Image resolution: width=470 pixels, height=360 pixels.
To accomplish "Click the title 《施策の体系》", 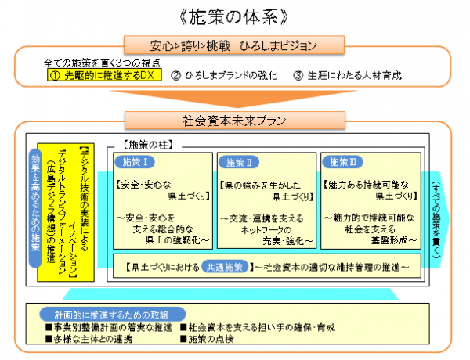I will pyautogui.click(x=235, y=16).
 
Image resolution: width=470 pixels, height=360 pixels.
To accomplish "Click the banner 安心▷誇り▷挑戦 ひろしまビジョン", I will pyautogui.click(x=234, y=45).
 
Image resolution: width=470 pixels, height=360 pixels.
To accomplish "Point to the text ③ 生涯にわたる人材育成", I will pyautogui.click(x=348, y=76).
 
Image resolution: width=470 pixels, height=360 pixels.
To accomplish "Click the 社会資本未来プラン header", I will pyautogui.click(x=234, y=121).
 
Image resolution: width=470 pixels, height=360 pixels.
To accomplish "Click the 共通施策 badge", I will pyautogui.click(x=223, y=266).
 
